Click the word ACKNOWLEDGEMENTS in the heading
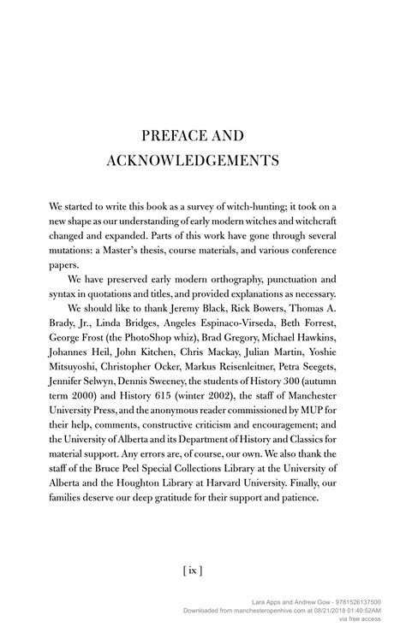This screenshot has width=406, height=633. pos(202,160)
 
